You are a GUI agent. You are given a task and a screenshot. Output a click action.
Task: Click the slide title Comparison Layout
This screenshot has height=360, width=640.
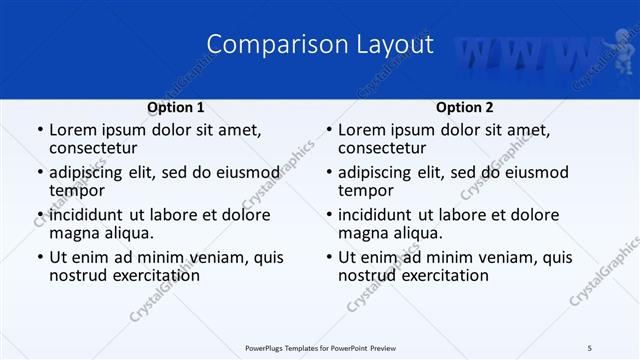click(x=320, y=45)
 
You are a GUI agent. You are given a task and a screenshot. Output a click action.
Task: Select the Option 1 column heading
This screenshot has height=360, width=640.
click(x=176, y=107)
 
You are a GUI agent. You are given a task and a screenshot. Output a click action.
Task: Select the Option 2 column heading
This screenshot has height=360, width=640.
click(x=465, y=107)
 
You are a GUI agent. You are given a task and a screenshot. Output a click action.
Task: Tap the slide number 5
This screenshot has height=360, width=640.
click(x=590, y=348)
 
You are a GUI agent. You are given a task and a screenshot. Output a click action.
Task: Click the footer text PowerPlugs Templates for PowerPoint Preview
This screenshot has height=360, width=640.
click(x=320, y=348)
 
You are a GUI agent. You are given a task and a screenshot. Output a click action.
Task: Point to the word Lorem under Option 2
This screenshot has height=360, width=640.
click(x=362, y=129)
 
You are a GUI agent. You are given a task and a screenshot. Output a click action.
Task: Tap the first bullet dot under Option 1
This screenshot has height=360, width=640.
click(x=39, y=130)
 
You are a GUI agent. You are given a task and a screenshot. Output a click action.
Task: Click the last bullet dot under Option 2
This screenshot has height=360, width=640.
click(x=328, y=257)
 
